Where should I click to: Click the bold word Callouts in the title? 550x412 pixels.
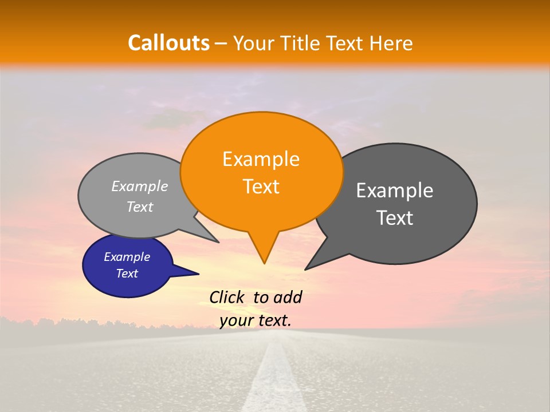click(x=168, y=43)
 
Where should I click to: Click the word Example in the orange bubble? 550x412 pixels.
click(x=261, y=159)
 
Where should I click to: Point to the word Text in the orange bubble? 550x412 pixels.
click(x=261, y=187)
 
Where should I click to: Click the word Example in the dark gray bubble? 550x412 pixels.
click(x=395, y=191)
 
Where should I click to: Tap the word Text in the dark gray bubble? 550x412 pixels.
click(x=395, y=218)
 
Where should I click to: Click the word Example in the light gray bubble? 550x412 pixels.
click(x=140, y=186)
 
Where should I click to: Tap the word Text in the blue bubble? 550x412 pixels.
click(x=127, y=274)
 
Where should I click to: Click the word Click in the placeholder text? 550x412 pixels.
click(x=227, y=297)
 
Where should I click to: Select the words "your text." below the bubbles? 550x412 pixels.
click(x=256, y=320)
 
